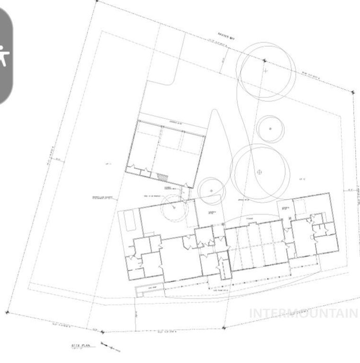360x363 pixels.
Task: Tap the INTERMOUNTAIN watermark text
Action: point(303,313)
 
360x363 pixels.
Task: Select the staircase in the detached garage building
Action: point(162,177)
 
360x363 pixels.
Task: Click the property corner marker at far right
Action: point(352,93)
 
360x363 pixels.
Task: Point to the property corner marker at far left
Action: point(7,312)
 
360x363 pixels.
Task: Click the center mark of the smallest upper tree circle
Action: point(270,129)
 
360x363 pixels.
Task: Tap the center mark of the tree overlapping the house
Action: point(174,207)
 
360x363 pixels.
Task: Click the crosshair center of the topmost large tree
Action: point(265,71)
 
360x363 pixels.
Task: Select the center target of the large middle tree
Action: point(259,172)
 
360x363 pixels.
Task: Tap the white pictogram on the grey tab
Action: point(4,55)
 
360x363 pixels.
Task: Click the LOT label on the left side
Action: point(108,164)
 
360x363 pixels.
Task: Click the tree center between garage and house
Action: point(211,190)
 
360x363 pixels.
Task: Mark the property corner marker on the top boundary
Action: point(264,61)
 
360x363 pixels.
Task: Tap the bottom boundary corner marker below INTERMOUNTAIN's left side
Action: point(224,327)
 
